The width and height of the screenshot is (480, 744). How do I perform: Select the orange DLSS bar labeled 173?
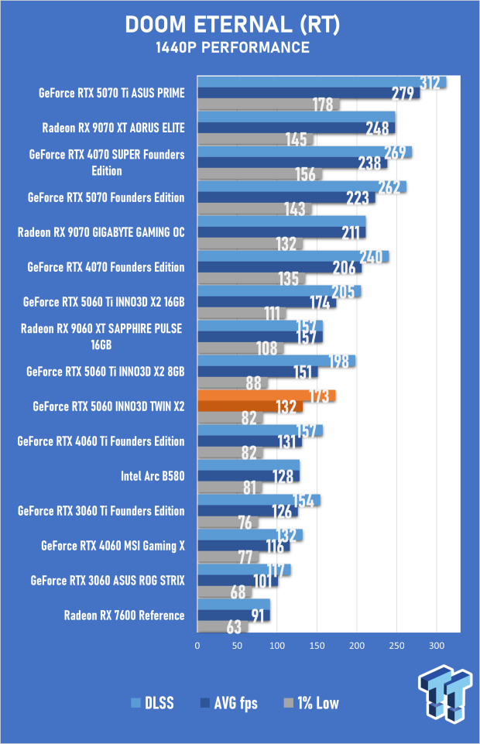point(266,396)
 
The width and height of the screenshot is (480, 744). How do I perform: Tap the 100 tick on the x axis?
point(277,645)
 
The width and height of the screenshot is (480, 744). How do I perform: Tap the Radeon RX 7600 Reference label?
point(124,615)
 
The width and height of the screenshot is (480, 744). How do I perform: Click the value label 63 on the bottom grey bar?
point(234,627)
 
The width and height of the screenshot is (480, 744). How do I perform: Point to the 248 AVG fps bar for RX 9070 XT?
point(296,128)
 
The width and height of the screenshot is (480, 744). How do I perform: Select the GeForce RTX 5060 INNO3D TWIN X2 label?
point(109,406)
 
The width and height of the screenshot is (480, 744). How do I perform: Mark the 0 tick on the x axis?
point(197,645)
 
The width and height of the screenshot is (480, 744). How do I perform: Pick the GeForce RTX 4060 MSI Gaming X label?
point(113,546)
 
